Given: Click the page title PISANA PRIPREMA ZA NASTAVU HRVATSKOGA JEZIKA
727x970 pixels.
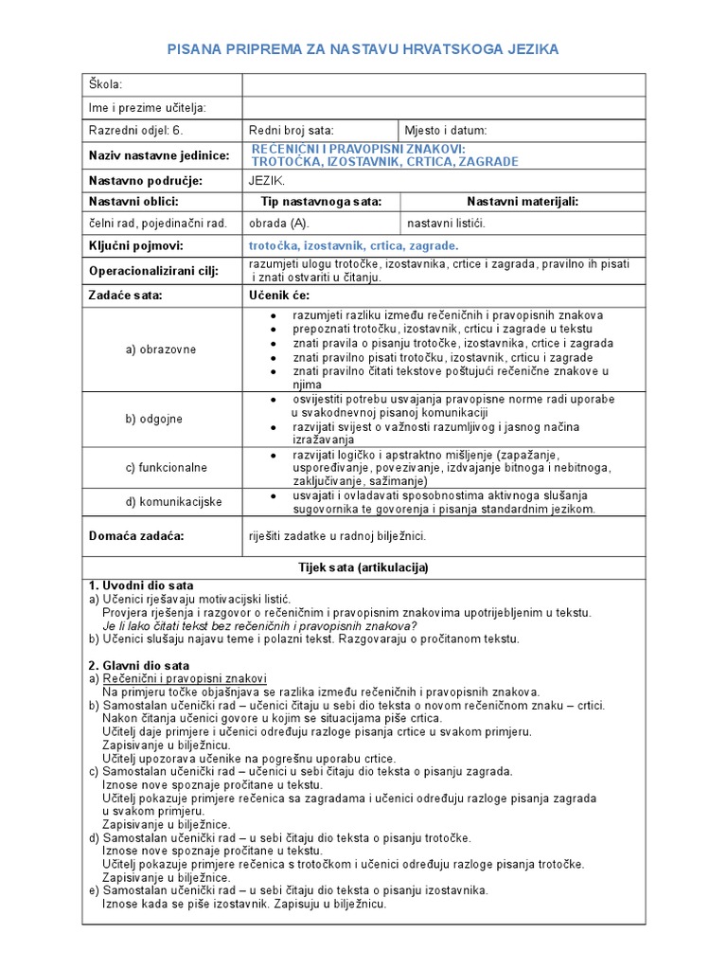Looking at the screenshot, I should tap(363, 48).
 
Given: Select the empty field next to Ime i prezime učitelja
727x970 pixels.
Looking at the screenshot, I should tap(444, 109).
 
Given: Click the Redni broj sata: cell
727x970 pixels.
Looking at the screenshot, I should tap(292, 131).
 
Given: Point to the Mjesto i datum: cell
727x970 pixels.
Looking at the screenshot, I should tap(446, 131).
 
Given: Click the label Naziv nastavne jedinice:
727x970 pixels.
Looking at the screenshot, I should tap(145, 154).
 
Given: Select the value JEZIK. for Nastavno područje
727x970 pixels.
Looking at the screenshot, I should tap(266, 179).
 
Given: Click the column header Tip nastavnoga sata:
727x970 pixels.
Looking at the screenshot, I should tap(321, 201).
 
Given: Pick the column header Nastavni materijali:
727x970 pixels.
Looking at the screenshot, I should tap(523, 201).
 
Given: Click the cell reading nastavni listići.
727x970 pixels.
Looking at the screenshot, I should tap(446, 224).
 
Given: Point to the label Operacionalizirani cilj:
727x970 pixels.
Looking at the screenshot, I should tap(153, 271).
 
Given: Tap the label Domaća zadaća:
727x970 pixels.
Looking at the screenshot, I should tap(136, 536).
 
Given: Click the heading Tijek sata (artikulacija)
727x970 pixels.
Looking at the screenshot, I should tap(363, 567).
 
